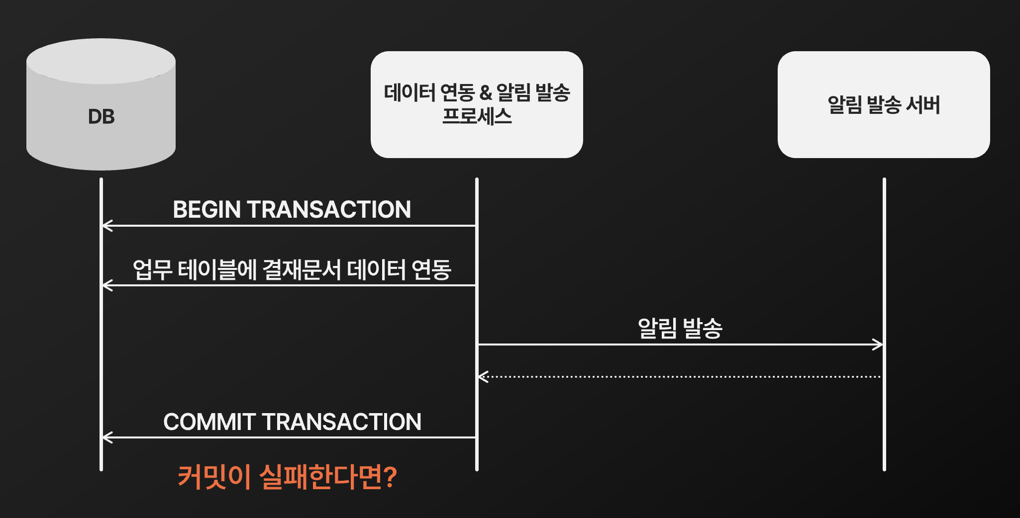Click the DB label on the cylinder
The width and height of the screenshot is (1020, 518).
click(x=101, y=117)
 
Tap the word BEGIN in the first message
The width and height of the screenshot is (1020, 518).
click(x=206, y=209)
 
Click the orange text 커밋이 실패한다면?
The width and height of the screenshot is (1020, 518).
click(x=287, y=477)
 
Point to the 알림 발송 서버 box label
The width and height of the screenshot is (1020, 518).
click(x=884, y=105)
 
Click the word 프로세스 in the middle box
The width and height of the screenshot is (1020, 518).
click(x=477, y=116)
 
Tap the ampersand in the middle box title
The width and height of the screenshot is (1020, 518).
click(x=485, y=92)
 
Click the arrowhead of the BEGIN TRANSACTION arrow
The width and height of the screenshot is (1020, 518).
click(x=105, y=226)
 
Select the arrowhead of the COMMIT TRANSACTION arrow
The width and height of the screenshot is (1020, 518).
click(x=105, y=437)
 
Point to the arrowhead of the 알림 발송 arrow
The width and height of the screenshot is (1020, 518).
click(x=879, y=344)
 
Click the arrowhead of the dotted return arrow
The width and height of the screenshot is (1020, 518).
click(x=482, y=377)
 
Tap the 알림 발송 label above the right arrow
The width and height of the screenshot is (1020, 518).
click(x=680, y=328)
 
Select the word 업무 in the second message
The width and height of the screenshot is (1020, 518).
click(x=152, y=270)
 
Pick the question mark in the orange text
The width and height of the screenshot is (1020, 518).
click(x=391, y=477)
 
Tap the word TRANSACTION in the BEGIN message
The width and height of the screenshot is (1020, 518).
click(x=329, y=209)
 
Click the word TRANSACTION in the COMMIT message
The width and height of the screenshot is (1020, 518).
click(x=341, y=422)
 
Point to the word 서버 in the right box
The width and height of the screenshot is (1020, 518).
click(x=923, y=105)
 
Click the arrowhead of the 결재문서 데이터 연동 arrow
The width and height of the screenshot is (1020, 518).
click(x=105, y=285)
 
